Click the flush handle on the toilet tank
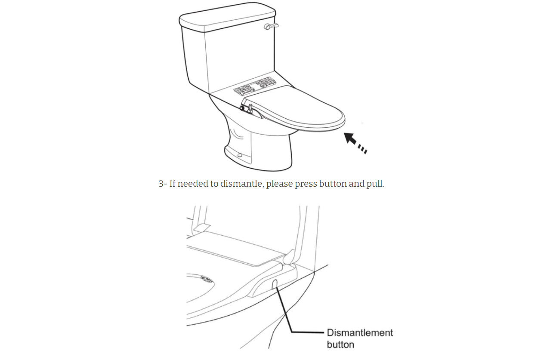pos(271,26)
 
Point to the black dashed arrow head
pos(350,138)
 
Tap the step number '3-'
pos(163,184)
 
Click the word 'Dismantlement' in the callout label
pos(360,332)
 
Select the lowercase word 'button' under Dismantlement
pos(340,345)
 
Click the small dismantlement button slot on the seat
pos(274,284)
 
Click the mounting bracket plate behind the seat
pos(255,86)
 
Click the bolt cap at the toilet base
pos(240,155)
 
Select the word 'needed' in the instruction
pos(194,184)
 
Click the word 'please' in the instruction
pos(280,184)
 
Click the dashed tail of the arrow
pos(362,149)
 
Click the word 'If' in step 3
pos(173,184)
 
